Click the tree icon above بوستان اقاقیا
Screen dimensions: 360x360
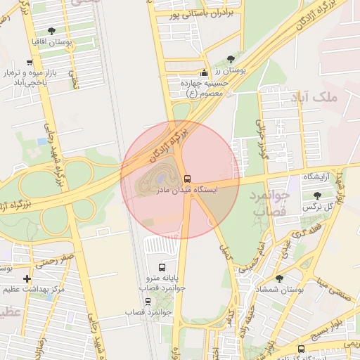pos(51,31)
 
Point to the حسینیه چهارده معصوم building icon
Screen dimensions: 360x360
pos(205,72)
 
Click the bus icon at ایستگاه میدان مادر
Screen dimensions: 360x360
pos(187,179)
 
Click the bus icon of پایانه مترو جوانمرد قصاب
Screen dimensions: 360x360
pos(162,267)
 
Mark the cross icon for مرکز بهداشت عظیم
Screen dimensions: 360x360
pos(27,279)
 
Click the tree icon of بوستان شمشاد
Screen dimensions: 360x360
pos(279,278)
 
